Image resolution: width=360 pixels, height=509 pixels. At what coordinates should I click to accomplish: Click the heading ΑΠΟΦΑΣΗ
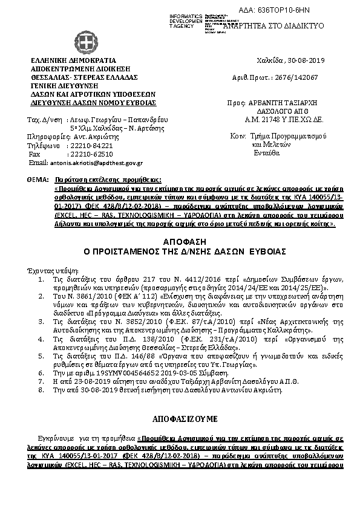(180, 241)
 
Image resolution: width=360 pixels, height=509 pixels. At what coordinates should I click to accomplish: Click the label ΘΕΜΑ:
(38, 180)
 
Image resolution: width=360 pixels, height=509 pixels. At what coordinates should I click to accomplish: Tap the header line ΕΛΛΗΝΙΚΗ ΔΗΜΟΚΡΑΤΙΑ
(68, 61)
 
